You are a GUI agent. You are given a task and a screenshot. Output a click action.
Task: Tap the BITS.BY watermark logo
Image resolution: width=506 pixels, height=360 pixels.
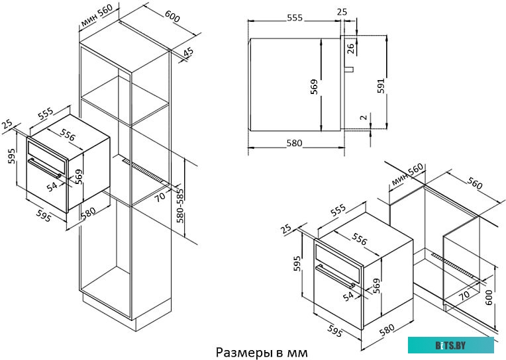click(x=450, y=345)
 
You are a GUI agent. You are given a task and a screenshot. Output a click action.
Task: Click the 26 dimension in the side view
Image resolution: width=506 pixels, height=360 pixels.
click(x=351, y=46)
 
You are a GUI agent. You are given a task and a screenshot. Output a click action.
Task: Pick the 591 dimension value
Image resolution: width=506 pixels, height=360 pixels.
click(x=380, y=87)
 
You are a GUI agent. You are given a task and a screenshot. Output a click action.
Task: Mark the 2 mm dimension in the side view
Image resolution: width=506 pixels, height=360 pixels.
click(x=363, y=118)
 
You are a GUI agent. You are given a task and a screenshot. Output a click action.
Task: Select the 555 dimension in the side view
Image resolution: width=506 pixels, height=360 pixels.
click(x=294, y=18)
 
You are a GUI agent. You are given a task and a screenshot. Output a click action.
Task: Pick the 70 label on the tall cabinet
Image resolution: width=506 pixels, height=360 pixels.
click(x=160, y=196)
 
